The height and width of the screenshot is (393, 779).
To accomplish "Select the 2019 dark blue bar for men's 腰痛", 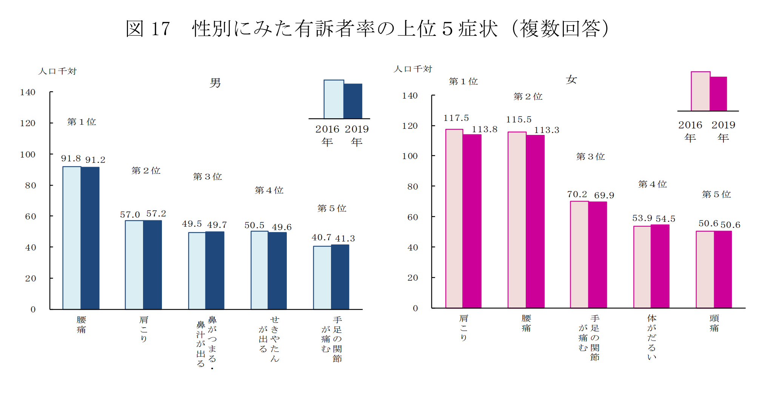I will tap(90, 238).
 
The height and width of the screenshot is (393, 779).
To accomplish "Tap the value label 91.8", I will tap(71, 159).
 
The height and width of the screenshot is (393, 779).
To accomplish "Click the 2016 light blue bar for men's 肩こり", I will tap(134, 265).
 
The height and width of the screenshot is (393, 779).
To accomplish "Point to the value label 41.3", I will tap(345, 239).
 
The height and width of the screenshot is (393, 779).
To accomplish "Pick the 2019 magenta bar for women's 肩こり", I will tap(472, 221).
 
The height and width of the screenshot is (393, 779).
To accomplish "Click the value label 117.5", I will tap(456, 118).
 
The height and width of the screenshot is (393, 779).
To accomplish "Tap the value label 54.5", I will tap(665, 219).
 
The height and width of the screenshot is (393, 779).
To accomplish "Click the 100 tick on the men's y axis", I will tap(28, 155).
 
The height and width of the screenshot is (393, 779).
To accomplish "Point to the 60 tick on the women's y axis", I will tap(413, 217).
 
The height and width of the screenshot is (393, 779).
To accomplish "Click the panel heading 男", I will tap(215, 83).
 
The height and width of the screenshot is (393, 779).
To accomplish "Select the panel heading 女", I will tap(571, 80).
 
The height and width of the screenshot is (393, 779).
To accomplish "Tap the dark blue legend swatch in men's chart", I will tap(353, 101).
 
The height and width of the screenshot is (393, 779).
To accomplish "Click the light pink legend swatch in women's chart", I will tap(700, 91).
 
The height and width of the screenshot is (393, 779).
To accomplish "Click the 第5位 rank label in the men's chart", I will tap(332, 208).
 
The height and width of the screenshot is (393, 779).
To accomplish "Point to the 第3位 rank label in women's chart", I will tap(591, 156).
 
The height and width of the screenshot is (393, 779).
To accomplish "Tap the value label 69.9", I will tap(604, 195).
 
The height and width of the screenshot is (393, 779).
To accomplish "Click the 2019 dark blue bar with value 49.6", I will tap(277, 271).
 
